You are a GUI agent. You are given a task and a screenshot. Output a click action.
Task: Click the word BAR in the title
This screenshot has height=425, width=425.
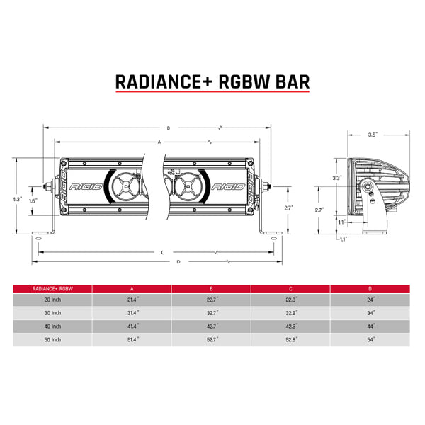[290, 81]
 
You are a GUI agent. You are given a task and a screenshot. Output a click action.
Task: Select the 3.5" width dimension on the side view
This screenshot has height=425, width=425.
[373, 134]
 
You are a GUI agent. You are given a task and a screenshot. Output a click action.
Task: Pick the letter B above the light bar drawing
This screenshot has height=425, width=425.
[168, 128]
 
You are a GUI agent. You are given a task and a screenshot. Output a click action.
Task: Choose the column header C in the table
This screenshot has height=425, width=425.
[291, 289]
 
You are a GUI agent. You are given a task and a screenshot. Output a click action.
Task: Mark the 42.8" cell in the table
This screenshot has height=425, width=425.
[291, 327]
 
